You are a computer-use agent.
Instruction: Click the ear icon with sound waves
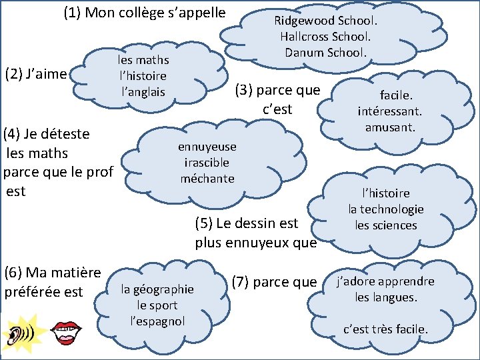(x=21, y=333)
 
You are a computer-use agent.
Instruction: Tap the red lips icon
(x=66, y=333)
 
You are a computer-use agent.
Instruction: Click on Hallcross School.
(x=325, y=36)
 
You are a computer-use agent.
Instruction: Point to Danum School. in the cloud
(x=325, y=52)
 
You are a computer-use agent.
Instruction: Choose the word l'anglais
(x=143, y=92)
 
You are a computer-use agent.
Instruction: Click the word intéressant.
(x=389, y=111)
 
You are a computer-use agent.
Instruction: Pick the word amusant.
(x=391, y=127)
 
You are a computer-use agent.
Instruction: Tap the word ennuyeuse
(x=207, y=147)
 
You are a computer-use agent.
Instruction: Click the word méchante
(x=207, y=179)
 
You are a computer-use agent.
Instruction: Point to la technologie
(x=385, y=209)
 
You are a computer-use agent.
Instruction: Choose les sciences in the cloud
(x=385, y=225)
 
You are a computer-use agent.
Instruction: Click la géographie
(x=157, y=289)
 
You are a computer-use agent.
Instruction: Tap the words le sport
(x=157, y=305)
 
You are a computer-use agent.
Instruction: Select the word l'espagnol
(x=157, y=321)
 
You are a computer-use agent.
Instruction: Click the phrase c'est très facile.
(x=385, y=329)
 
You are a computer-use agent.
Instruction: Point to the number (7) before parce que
(x=243, y=281)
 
